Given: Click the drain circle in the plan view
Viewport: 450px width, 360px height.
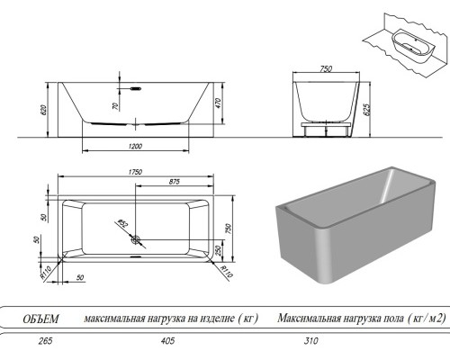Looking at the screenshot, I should click(135, 240).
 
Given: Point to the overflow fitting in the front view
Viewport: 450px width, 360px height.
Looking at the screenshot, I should click(137, 89).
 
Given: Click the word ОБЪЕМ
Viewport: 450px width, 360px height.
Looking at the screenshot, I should click(40, 318).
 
